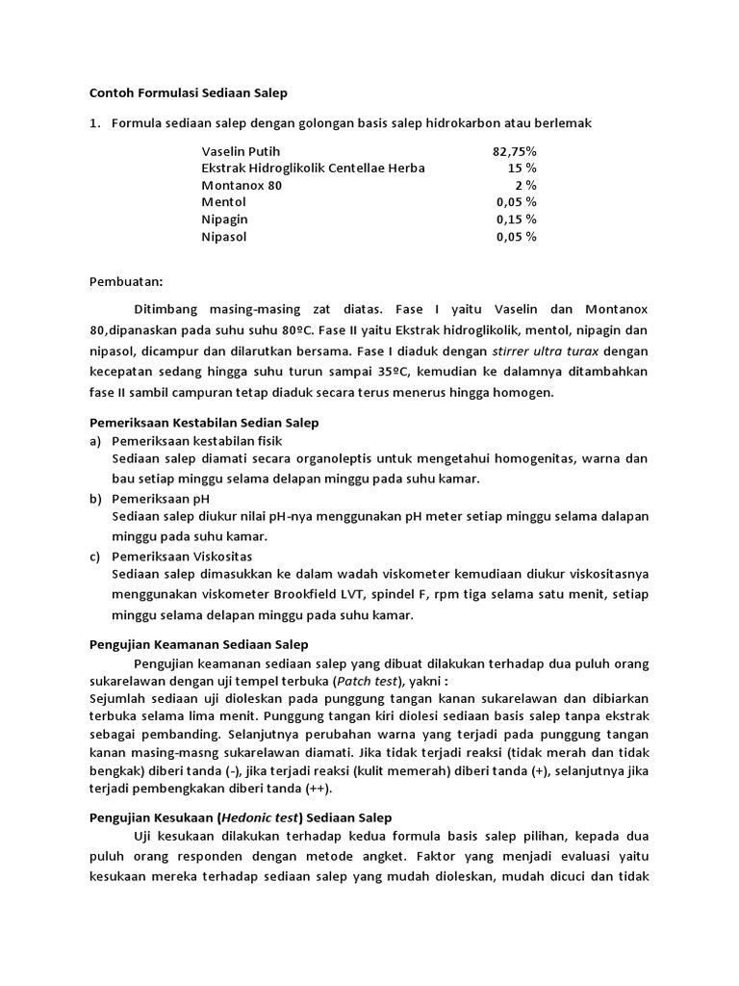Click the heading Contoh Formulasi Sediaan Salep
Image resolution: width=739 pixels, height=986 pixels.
pos(189,93)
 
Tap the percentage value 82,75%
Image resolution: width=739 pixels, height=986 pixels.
pos(515,151)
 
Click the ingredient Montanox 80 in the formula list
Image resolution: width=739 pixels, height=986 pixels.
pos(242,185)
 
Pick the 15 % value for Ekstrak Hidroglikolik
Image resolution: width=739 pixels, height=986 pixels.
pos(522,169)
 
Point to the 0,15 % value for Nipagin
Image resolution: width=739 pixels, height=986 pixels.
pos(517,220)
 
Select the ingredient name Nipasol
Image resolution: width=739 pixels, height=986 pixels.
pos(224,237)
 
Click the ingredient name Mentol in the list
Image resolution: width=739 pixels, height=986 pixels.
pos(223,202)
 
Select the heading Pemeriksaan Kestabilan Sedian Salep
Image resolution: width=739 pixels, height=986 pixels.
pos(204,423)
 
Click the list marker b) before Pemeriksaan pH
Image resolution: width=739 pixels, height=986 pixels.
pos(95,499)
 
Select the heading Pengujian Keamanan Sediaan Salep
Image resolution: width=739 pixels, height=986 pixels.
pos(199,644)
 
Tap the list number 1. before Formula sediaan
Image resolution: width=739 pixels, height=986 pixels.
pos(94,123)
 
